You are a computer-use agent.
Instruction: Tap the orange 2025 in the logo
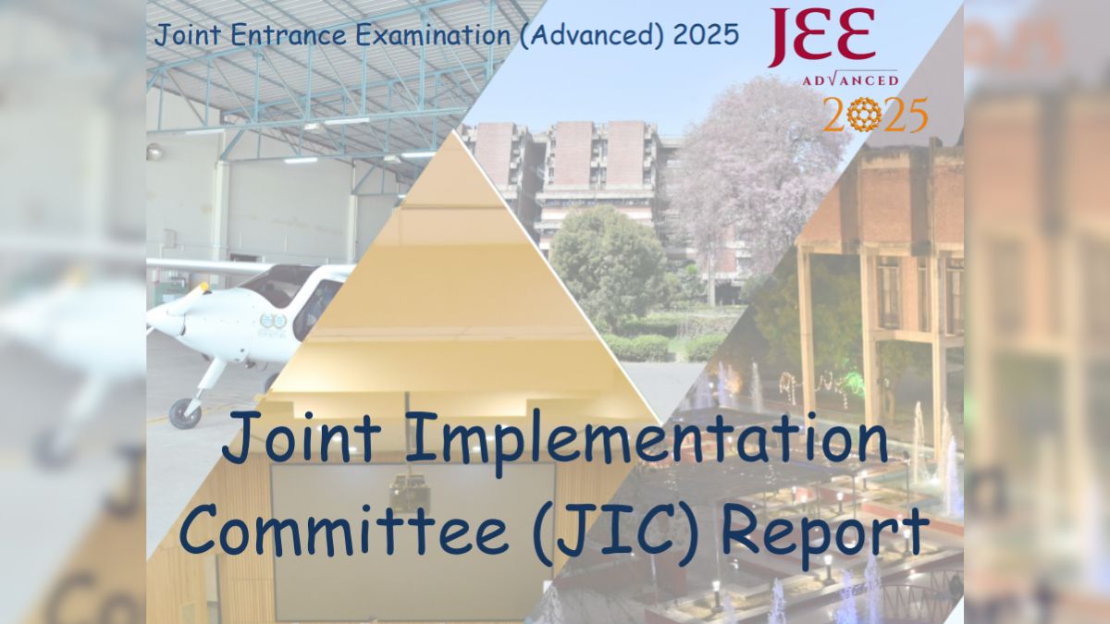coord(875,115)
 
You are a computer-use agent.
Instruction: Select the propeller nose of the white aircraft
coord(166,319)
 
